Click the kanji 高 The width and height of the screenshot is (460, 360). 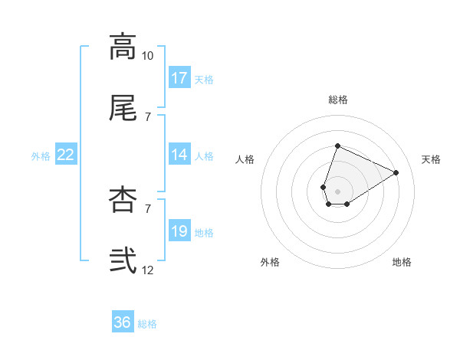(x=123, y=47)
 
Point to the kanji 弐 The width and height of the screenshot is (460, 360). (x=123, y=260)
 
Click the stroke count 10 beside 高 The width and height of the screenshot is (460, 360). (x=147, y=57)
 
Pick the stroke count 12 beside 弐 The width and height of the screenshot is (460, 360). (x=147, y=270)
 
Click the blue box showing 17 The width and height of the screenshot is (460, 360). (x=179, y=78)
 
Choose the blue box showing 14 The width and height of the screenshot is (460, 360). (x=179, y=155)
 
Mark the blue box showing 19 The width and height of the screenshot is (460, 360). (x=179, y=231)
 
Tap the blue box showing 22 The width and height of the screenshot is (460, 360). (x=66, y=155)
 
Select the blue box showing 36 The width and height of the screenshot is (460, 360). (x=123, y=322)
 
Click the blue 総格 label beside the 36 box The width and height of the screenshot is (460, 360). (x=147, y=324)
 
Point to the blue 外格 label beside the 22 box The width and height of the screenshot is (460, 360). (x=41, y=156)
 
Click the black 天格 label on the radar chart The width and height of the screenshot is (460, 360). (x=431, y=159)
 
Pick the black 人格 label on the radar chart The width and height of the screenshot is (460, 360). (x=245, y=159)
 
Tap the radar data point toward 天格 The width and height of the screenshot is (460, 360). (x=396, y=172)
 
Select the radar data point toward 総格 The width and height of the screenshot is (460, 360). (x=337, y=146)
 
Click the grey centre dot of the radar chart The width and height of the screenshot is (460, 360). (x=337, y=190)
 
